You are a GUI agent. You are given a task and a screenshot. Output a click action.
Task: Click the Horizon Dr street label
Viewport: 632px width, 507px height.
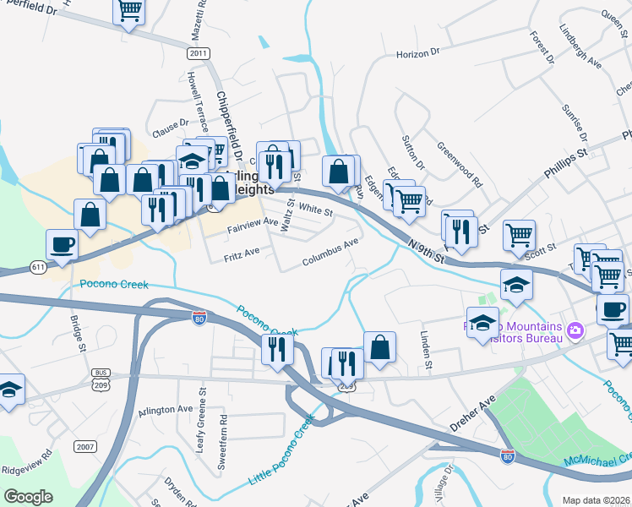pos(418,52)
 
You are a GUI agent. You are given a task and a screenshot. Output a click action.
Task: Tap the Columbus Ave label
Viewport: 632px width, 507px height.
pos(332,251)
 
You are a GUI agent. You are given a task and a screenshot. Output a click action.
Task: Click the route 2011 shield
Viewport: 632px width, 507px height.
pos(199,53)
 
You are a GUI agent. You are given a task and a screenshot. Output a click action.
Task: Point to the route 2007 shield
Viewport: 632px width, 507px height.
pos(84,446)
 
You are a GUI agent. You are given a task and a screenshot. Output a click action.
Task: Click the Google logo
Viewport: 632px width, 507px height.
pos(28,496)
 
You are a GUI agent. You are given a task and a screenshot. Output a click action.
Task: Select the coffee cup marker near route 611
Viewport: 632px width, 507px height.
pos(63,245)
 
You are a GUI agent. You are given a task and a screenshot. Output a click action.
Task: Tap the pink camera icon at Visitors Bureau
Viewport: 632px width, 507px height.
pos(575,329)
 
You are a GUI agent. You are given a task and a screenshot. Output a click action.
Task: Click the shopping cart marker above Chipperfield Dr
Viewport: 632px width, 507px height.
pos(130,10)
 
